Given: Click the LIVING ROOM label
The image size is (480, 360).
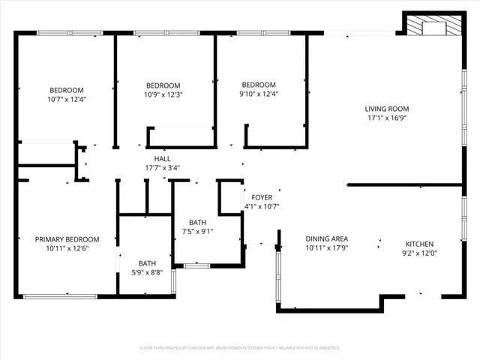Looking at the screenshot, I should point(387,108).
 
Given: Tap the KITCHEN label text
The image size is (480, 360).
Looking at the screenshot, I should point(419,244).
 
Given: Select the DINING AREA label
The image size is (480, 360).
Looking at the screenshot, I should point(326,238).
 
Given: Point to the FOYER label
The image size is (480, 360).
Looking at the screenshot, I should point(261,197).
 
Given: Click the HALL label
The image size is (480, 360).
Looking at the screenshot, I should point(162,159).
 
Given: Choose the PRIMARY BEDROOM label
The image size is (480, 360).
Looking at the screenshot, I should point(62,239).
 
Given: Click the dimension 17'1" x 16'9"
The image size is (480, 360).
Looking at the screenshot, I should point(387,117).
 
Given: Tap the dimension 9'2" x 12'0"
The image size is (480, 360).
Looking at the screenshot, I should point(419,253).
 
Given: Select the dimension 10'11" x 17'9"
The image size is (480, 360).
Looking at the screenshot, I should point(326,247).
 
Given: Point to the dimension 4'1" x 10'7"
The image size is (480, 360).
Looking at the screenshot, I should point(261,206).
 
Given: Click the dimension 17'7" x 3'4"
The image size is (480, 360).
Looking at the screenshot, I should point(162,168).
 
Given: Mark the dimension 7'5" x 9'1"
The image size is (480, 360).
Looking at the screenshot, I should point(198,231).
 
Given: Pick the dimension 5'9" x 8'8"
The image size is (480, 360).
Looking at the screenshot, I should point(147,272).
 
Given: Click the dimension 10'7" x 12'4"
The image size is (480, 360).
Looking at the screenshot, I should point(67,99).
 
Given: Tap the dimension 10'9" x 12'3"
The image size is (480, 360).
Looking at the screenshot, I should point(163,94).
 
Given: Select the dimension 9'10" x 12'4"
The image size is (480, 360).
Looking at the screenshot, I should point(259,94).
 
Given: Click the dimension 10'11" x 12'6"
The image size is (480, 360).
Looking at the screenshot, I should point(62,248).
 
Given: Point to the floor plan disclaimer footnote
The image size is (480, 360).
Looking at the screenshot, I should point(240,348).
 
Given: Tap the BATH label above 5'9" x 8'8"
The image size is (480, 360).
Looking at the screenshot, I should point(147,263).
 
